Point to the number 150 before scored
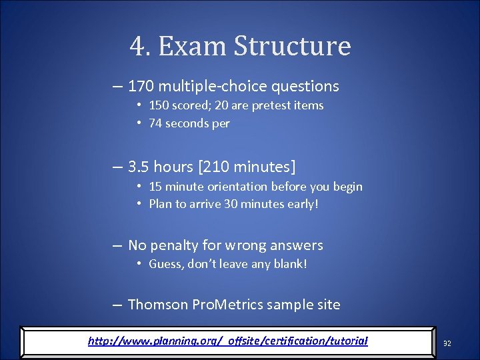click(159, 105)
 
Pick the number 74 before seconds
click(155, 123)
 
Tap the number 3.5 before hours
click(139, 166)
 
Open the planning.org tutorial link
click(227, 341)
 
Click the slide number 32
click(447, 343)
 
